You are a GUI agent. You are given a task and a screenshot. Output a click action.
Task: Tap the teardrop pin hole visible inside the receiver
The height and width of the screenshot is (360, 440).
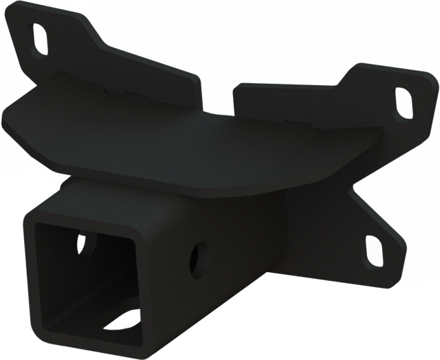82,244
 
